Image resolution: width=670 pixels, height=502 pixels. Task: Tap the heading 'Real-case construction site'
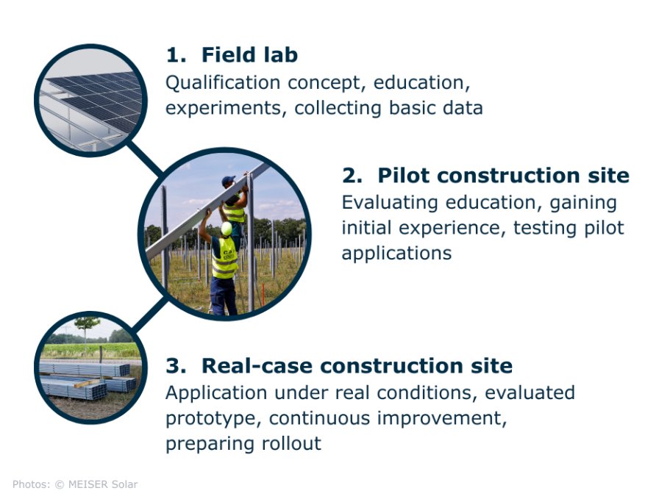(357, 365)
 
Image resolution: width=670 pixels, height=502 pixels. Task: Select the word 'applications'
(396, 253)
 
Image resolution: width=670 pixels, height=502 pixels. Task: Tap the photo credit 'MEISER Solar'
(103, 484)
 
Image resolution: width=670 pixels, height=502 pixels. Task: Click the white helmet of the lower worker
(227, 229)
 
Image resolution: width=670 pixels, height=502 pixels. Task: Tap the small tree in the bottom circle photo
(87, 328)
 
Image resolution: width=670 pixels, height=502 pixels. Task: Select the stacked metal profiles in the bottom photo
(85, 378)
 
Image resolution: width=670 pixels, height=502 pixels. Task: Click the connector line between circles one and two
(146, 158)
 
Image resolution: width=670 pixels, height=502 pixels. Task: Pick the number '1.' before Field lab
(176, 55)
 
